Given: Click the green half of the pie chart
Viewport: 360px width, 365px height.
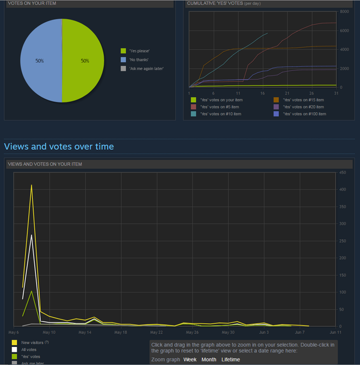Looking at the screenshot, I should coord(84,61).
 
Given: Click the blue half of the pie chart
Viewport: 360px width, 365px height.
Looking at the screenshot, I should coord(40,61).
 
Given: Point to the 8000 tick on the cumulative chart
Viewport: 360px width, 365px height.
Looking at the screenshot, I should coord(344,11).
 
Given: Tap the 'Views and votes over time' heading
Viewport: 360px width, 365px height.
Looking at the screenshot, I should coord(59,146).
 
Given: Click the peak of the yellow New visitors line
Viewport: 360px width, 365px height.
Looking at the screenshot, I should coord(31,185).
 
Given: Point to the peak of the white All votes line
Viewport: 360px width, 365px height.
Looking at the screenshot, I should coord(31,235).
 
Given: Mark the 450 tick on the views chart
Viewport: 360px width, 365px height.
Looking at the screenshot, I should coord(343,173).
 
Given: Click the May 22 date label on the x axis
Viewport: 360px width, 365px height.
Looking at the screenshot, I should coord(157,332).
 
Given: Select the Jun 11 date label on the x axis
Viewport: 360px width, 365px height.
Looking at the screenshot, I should coord(335,332).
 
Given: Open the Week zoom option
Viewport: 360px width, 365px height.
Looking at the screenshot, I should coord(190,359).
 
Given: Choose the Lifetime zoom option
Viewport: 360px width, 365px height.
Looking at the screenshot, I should coord(230,359).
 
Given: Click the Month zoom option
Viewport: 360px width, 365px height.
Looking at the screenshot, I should coord(209,359).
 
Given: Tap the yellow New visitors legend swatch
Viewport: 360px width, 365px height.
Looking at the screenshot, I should coord(14,342).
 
